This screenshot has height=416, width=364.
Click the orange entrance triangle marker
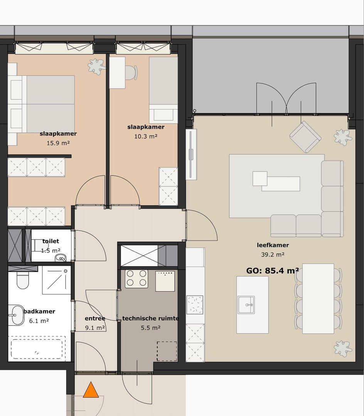click(x=91, y=390)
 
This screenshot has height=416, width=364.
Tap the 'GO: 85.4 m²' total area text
click(x=273, y=270)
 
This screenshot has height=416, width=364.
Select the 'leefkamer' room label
click(x=273, y=245)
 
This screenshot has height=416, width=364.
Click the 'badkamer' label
click(x=39, y=311)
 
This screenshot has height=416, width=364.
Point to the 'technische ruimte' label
click(x=150, y=318)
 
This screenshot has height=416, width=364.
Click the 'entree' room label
click(x=95, y=318)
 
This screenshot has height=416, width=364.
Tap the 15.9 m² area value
click(x=58, y=143)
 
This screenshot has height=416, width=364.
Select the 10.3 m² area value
click(x=145, y=136)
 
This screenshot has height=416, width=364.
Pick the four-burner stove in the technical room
click(x=136, y=278)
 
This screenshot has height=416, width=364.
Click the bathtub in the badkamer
click(x=37, y=348)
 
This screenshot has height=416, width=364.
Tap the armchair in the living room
click(x=305, y=137)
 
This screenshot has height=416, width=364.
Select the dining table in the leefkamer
click(x=318, y=298)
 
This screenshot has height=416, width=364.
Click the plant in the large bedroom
click(x=96, y=66)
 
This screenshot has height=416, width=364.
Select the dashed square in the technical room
click(x=167, y=351)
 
